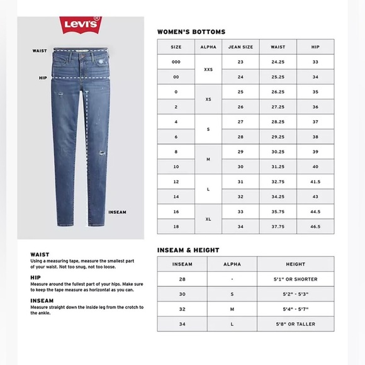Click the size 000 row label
[176, 62]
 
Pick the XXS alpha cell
[208, 70]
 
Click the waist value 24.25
[278, 62]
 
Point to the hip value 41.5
[316, 181]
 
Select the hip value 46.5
[316, 226]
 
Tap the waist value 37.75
[278, 226]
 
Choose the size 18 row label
[176, 226]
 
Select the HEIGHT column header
[295, 264]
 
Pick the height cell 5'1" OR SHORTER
[295, 279]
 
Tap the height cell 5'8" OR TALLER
[295, 323]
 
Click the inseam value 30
[182, 294]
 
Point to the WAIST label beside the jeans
[39, 51]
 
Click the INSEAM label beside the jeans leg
[117, 212]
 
